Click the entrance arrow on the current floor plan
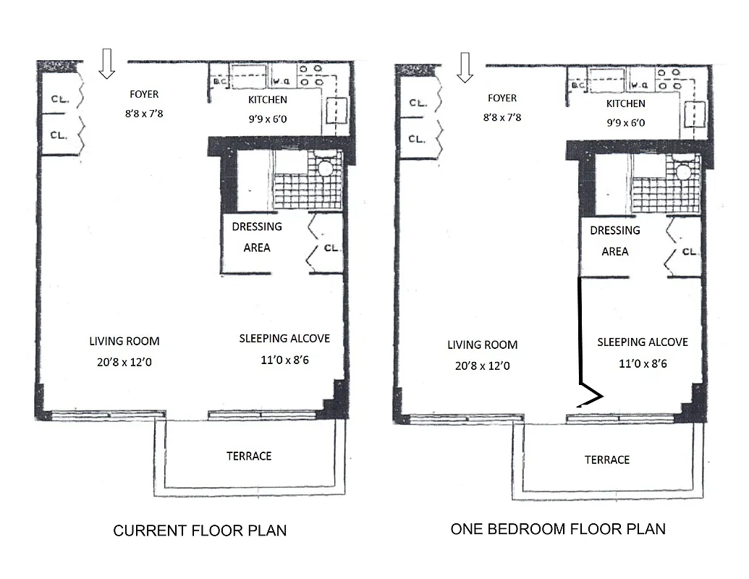click(107, 63)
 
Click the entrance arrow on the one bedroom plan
click(465, 67)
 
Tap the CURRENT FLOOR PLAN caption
click(200, 531)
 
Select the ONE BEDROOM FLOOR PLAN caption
click(558, 528)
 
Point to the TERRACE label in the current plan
click(249, 456)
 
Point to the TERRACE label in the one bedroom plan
click(607, 460)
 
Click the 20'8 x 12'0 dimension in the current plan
click(124, 362)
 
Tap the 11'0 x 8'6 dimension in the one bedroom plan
click(643, 363)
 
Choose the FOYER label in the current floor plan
click(144, 94)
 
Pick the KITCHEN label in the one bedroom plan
click(626, 104)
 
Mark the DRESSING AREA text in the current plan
click(257, 237)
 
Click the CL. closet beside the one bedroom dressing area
click(690, 252)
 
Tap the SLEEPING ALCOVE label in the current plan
click(284, 338)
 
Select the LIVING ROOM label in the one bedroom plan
click(482, 345)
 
